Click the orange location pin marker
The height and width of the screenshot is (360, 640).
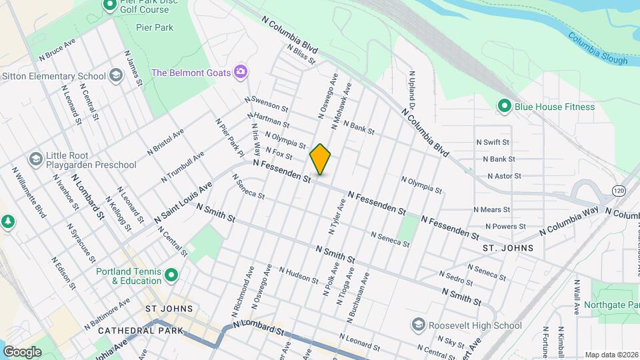click(320, 159)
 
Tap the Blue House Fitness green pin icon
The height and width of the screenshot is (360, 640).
click(505, 106)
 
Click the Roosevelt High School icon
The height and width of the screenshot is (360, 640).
click(418, 325)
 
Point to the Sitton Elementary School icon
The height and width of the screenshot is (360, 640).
click(117, 75)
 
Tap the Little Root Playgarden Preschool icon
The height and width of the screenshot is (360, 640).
click(35, 159)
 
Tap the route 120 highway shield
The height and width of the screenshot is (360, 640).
click(618, 191)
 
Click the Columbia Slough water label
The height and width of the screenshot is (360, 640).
click(598, 48)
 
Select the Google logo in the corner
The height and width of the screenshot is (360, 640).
click(22, 351)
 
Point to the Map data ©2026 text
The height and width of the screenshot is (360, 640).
click(611, 355)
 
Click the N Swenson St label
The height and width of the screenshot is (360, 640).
click(266, 103)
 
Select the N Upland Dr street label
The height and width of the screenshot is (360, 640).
click(412, 91)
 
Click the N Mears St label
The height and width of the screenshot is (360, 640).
click(491, 209)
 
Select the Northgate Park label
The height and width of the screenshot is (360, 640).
click(611, 304)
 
